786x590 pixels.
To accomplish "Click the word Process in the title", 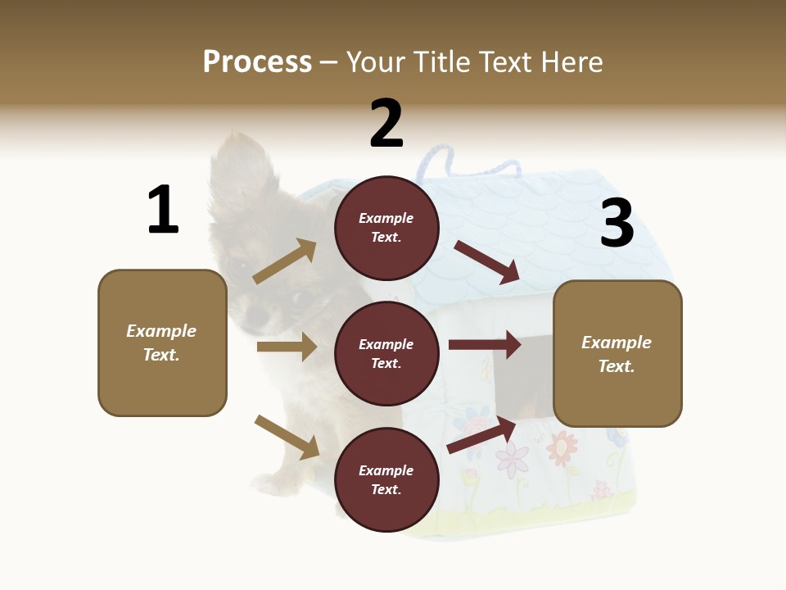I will click(257, 61).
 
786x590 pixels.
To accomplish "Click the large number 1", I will click(163, 210).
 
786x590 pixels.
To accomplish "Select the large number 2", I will click(386, 123).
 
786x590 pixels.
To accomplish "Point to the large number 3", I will click(617, 223).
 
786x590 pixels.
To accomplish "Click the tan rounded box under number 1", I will click(162, 343).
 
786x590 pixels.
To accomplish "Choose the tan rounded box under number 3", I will click(617, 354).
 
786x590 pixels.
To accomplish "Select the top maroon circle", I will click(386, 228).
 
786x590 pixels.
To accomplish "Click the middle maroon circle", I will click(386, 353).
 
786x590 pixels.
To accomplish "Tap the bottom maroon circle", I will click(386, 479).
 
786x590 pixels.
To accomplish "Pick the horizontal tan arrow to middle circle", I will click(287, 347).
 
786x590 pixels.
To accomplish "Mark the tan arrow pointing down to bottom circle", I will click(287, 437).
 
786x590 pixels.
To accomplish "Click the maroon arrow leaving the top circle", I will click(487, 261).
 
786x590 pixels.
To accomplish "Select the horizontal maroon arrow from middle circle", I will click(485, 345).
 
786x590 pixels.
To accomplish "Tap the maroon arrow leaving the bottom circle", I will click(482, 435).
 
